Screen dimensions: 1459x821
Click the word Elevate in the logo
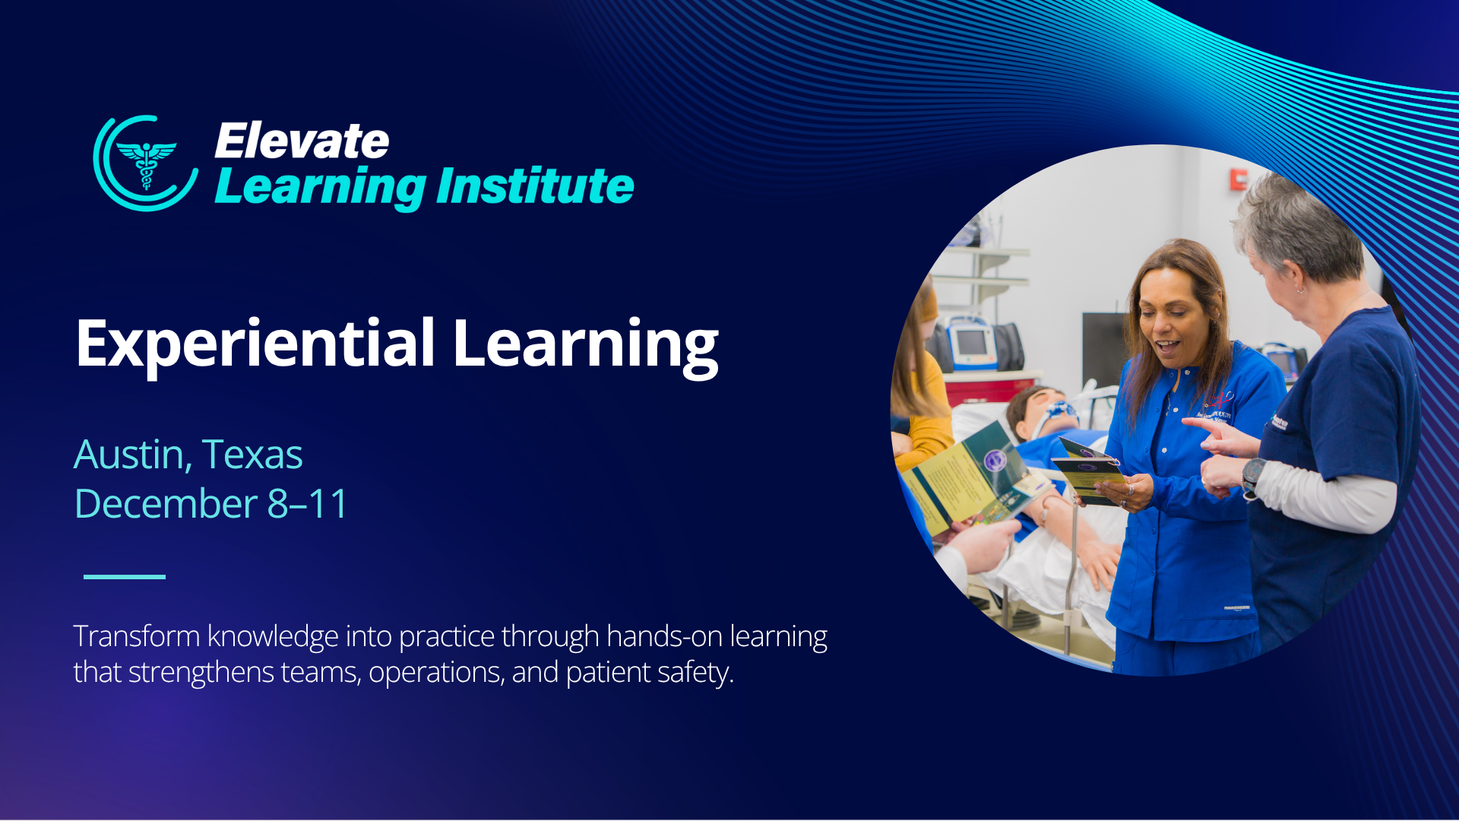[302, 141]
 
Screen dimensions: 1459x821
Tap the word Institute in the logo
[535, 186]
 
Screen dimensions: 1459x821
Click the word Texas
[252, 455]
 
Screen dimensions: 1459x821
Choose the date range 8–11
[307, 504]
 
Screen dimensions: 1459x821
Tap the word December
[166, 504]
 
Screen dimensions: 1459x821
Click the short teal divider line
[125, 576]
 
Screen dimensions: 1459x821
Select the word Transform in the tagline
[137, 636]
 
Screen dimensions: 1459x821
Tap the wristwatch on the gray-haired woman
[1252, 476]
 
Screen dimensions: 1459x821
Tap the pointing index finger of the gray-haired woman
[1201, 424]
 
